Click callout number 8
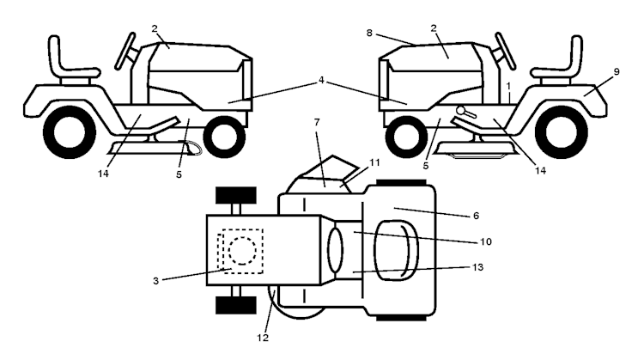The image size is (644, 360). (x=369, y=33)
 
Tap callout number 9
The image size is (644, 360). (x=616, y=71)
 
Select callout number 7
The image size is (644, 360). (x=316, y=122)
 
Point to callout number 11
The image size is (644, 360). (x=374, y=162)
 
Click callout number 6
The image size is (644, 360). (x=476, y=216)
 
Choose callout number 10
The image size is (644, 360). (x=485, y=241)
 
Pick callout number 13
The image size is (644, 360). (x=477, y=267)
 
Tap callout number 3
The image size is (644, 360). (x=155, y=281)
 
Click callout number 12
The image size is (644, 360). (x=263, y=338)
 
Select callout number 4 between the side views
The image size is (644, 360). (x=321, y=80)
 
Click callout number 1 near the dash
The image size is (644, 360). (x=509, y=86)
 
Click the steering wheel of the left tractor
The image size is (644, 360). (x=125, y=51)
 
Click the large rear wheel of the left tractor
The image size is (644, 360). (x=70, y=132)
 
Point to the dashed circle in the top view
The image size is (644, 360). (x=242, y=251)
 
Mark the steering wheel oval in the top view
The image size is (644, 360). (x=335, y=250)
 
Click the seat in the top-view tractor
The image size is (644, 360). (x=396, y=251)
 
